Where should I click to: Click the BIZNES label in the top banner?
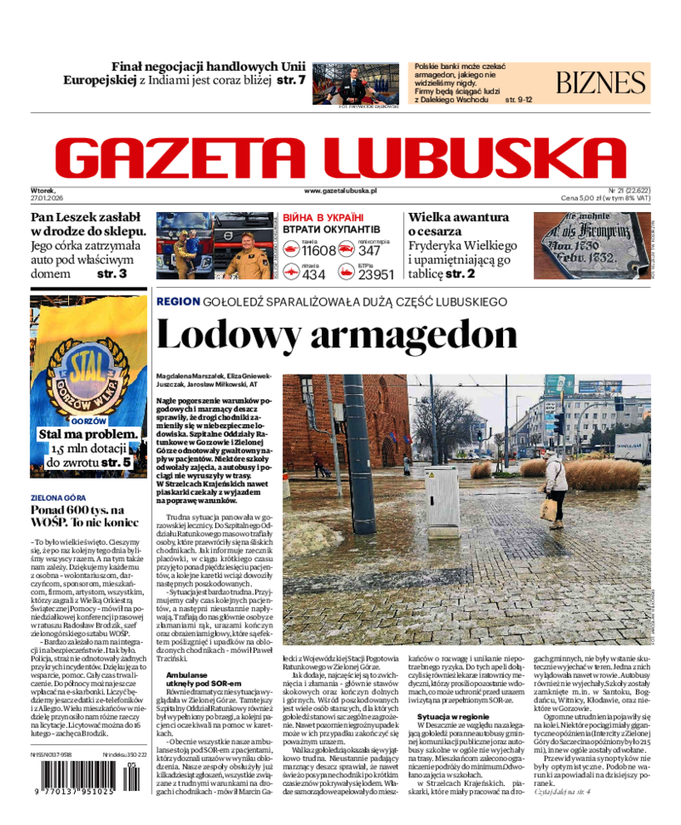click(601, 83)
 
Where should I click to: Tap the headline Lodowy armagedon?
click(336, 335)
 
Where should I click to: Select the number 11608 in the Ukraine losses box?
click(319, 250)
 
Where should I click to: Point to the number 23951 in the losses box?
click(375, 274)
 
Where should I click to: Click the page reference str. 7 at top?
click(291, 81)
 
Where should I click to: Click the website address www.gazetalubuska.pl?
click(340, 192)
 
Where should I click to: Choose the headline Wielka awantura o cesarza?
click(458, 224)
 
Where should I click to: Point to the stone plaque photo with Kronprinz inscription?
click(591, 245)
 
